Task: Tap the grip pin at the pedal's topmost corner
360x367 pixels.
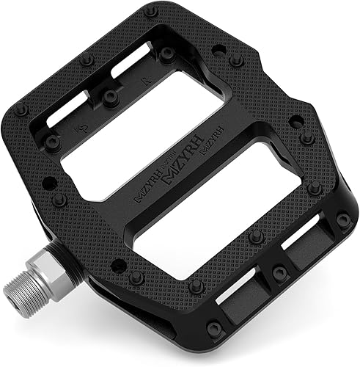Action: pyautogui.click(x=150, y=13)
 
